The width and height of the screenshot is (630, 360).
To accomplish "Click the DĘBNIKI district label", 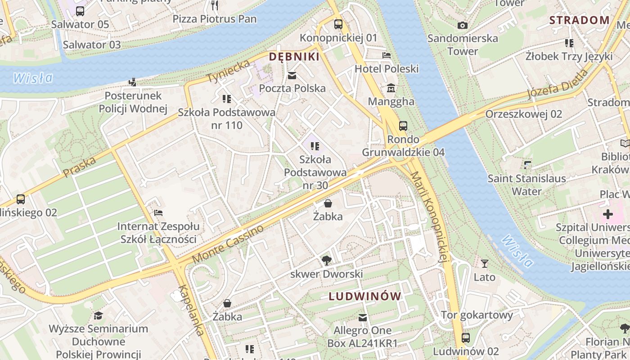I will pos(294,57).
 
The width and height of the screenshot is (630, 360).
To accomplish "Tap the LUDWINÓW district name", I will pos(364,296).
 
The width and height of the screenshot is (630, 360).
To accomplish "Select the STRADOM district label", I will pos(580,20).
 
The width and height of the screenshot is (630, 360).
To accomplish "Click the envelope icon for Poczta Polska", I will pos(292,76).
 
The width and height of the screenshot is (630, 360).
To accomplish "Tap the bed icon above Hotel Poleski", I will pos(386,56).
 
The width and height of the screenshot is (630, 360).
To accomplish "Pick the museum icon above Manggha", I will pos(391,88).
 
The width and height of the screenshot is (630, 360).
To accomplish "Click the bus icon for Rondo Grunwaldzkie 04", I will pos(403,126).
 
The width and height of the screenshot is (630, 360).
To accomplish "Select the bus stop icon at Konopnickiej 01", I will pos(338,24).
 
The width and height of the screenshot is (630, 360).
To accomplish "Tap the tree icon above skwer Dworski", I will pos(326,261).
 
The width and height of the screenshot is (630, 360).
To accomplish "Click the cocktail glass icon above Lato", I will pos(485,264).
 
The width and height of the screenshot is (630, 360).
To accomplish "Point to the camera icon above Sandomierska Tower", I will pos(462,25).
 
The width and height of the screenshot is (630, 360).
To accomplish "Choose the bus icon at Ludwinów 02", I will pos(466,337).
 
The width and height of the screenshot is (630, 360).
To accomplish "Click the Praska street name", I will pos(80,167).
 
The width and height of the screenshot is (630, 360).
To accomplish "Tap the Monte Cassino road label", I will pos(228,244).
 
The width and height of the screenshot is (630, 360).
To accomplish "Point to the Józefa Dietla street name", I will pos(558,85).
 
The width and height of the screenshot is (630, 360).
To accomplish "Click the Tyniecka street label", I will pos(229,71).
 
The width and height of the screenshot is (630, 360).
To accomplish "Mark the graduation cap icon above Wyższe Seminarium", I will pos(98,316).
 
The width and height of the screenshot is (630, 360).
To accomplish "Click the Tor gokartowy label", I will pos(477,315).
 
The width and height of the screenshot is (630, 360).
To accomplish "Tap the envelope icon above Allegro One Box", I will pos(362,318).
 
